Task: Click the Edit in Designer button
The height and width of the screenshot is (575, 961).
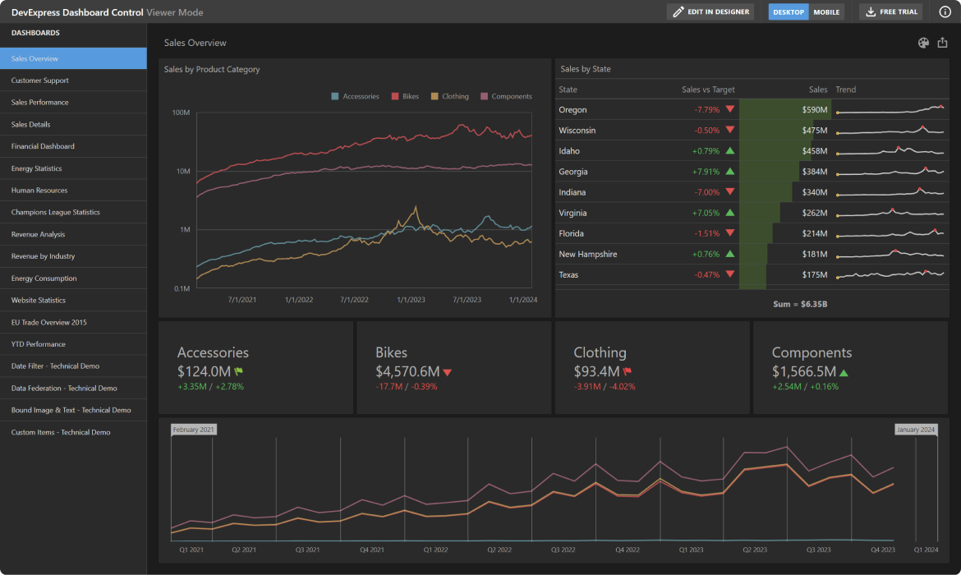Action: [x=710, y=12]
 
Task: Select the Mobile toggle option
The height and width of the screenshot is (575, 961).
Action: [x=826, y=12]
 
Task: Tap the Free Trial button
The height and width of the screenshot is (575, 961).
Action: [x=890, y=12]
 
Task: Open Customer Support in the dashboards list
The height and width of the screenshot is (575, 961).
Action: [x=40, y=80]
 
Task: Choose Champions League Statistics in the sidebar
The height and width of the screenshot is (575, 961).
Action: [x=56, y=212]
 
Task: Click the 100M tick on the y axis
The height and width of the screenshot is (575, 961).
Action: [x=181, y=113]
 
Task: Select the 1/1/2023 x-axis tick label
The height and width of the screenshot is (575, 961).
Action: [x=410, y=300]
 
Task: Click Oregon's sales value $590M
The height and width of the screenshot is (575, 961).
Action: [x=815, y=110]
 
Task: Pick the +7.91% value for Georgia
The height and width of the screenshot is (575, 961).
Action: [x=706, y=172]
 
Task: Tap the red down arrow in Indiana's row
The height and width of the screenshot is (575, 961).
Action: [x=729, y=192]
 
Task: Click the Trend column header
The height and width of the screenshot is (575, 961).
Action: [x=845, y=90]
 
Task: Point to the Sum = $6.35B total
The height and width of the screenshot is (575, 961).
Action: [x=800, y=304]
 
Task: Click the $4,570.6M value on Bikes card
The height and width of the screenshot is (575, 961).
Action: [x=407, y=371]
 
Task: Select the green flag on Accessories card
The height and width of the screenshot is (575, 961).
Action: [x=239, y=371]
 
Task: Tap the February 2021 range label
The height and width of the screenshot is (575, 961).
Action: [x=194, y=430]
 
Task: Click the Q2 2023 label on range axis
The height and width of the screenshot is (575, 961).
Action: [x=754, y=550]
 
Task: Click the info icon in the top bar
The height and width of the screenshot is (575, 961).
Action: [x=945, y=12]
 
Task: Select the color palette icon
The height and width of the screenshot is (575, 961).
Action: [x=923, y=43]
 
